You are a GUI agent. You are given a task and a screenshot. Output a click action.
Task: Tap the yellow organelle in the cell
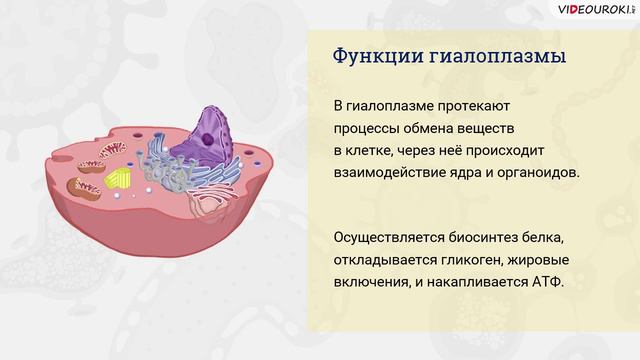click(118, 180)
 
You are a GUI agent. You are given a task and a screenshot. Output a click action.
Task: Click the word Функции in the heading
click(369, 56)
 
